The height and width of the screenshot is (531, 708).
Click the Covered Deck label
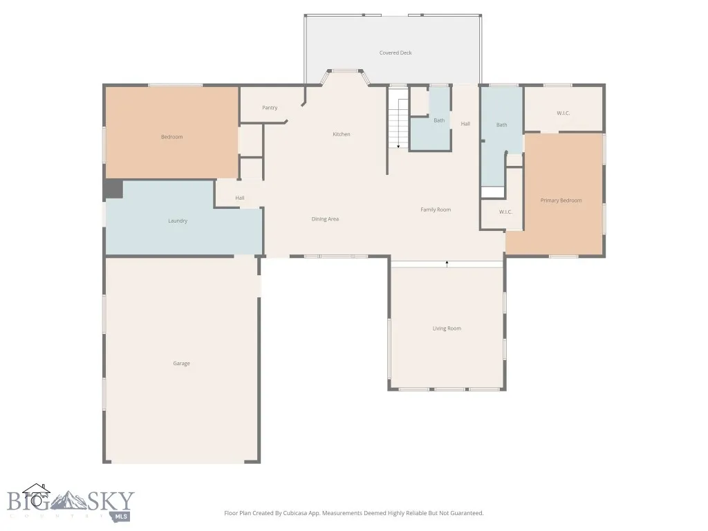click(395, 53)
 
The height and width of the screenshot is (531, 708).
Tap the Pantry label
click(270, 108)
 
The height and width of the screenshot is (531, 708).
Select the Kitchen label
click(342, 134)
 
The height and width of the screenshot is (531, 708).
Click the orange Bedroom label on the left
click(171, 137)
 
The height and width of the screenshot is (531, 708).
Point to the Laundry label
click(178, 221)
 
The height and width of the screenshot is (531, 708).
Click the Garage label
click(181, 364)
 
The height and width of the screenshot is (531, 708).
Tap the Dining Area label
click(325, 219)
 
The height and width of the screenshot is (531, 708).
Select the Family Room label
click(436, 209)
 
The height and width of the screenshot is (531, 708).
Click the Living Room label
click(447, 328)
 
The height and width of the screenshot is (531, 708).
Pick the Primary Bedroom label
click(561, 201)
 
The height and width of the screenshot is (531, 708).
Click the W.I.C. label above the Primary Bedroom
click(563, 113)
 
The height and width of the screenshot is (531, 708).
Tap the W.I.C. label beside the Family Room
click(505, 212)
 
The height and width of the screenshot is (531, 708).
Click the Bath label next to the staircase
click(439, 120)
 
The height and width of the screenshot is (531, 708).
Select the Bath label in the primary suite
click(501, 125)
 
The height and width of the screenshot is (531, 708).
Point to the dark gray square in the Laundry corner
click(113, 189)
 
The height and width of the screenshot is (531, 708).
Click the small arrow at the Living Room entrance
click(447, 263)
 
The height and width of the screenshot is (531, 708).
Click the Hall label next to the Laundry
click(239, 198)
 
